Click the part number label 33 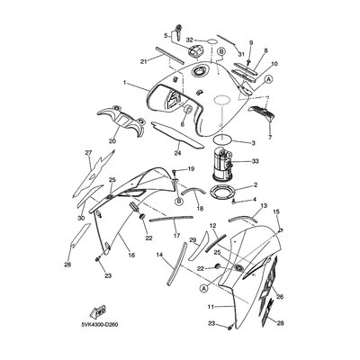pyautogui.click(x=255, y=162)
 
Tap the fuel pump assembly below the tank pyautogui.click(x=223, y=164)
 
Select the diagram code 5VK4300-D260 pyautogui.click(x=99, y=324)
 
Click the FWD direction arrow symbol pyautogui.click(x=98, y=313)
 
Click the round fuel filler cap pyautogui.click(x=195, y=51)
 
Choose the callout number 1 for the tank pyautogui.click(x=124, y=82)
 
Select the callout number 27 pyautogui.click(x=88, y=153)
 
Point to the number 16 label pyautogui.click(x=131, y=255)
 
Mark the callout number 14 pyautogui.click(x=160, y=255)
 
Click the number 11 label pyautogui.click(x=211, y=307)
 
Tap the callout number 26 pyautogui.click(x=280, y=297)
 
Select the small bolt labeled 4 pyautogui.click(x=234, y=202)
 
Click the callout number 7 pyautogui.click(x=270, y=138)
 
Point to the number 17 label pyautogui.click(x=176, y=236)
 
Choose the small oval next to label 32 pyautogui.click(x=212, y=40)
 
